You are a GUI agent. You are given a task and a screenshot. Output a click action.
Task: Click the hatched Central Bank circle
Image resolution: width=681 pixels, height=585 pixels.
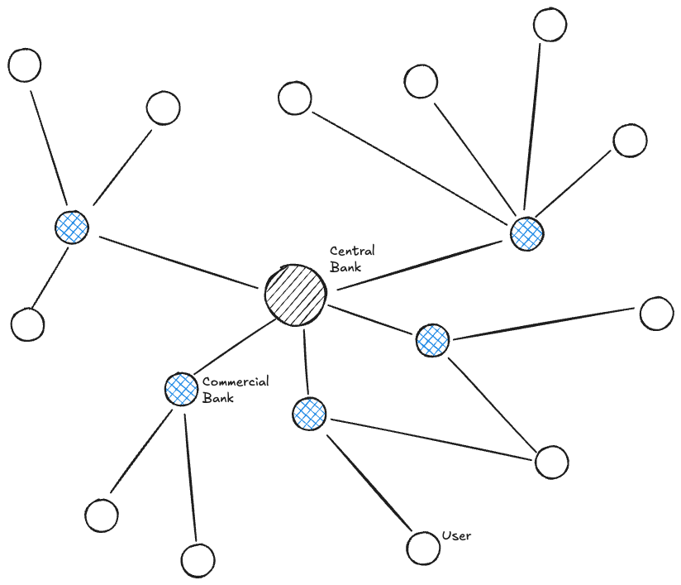tap(295, 295)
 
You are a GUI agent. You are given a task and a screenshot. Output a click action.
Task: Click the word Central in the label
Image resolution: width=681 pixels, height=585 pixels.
tap(352, 251)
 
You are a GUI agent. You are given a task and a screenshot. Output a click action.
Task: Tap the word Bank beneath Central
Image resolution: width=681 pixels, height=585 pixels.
tap(345, 266)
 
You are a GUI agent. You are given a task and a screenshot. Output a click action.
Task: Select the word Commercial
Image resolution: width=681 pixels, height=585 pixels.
tap(236, 382)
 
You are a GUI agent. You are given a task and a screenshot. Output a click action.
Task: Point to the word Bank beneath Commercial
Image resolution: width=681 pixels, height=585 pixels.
tap(217, 398)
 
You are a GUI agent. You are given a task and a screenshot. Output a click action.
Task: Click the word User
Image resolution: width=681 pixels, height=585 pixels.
tap(456, 536)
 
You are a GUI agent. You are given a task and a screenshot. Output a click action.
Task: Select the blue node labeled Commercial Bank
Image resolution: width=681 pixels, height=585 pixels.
tap(181, 389)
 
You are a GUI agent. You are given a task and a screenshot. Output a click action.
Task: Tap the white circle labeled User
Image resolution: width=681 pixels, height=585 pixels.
tap(423, 547)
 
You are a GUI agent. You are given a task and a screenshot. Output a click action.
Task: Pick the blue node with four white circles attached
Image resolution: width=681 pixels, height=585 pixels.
tap(526, 234)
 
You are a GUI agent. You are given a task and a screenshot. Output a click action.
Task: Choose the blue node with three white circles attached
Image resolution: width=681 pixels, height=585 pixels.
tap(72, 226)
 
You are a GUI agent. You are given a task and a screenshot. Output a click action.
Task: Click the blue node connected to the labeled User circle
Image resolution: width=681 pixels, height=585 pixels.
tap(309, 414)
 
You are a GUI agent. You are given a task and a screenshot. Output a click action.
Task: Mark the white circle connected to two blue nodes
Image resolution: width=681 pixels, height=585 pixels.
tap(551, 462)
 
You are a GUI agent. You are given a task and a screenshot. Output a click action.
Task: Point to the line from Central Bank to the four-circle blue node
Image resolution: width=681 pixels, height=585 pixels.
tap(417, 263)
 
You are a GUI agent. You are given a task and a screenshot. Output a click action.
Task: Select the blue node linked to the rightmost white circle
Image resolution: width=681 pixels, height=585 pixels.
tap(431, 340)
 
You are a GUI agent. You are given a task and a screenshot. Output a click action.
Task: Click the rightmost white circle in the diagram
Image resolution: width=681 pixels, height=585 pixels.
tap(657, 314)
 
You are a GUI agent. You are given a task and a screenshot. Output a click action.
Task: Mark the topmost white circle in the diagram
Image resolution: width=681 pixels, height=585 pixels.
tap(550, 24)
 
